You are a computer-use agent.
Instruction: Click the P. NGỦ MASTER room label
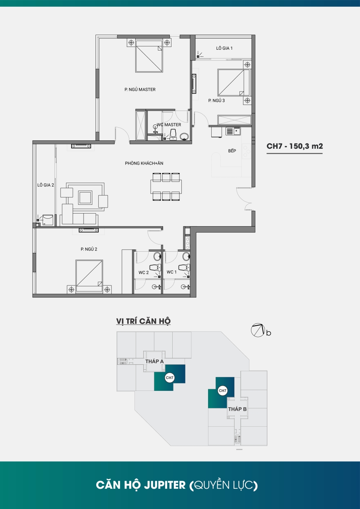[x=140, y=89]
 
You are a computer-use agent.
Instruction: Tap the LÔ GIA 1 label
[x=224, y=48]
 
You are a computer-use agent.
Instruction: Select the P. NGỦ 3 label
[x=216, y=101]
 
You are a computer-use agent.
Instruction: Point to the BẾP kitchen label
[x=232, y=151]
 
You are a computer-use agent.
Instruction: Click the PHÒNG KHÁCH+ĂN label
[x=144, y=163]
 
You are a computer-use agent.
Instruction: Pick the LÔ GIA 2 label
[x=46, y=185]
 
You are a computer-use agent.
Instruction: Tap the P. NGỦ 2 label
[x=89, y=249]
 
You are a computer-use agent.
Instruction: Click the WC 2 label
[x=144, y=272]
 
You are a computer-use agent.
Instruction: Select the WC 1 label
[x=171, y=272]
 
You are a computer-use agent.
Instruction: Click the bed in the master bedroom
[x=149, y=56]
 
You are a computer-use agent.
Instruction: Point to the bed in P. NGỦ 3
[x=234, y=83]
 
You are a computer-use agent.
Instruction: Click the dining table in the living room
[x=166, y=187]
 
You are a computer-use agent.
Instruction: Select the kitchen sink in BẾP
[x=233, y=131]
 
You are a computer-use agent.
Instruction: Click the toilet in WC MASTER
[x=173, y=134]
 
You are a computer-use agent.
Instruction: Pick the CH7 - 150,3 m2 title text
[x=294, y=146]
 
